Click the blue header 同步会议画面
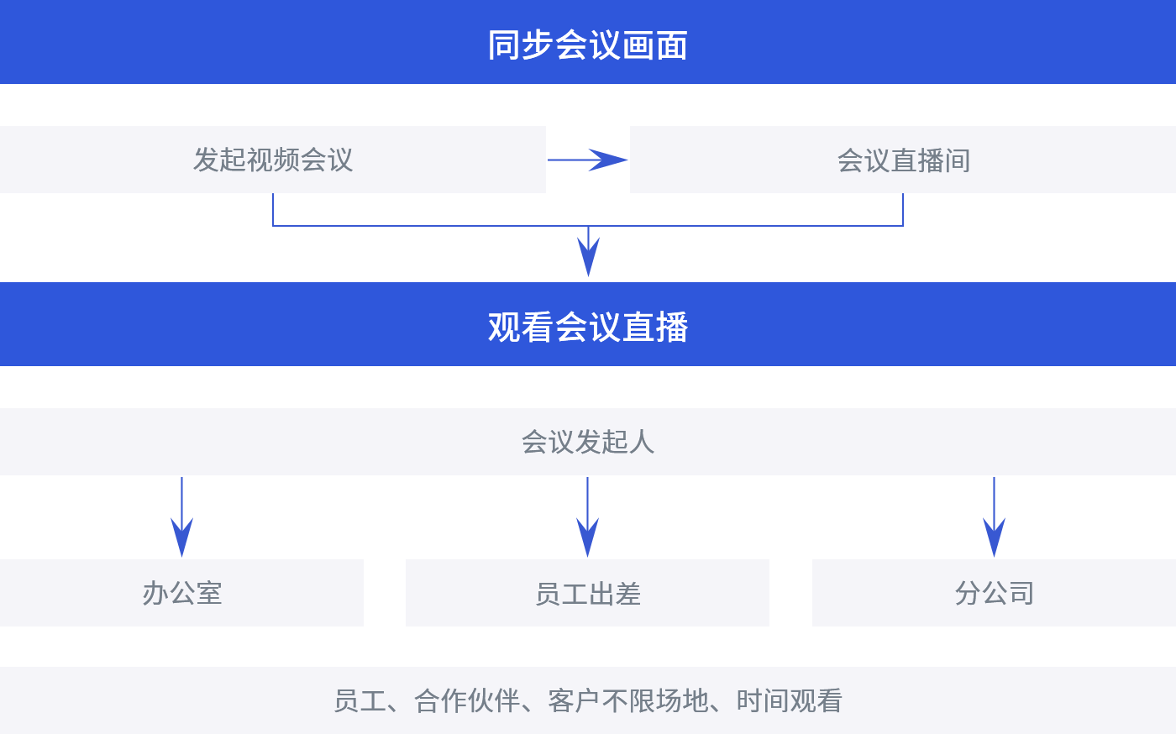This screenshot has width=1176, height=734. (587, 44)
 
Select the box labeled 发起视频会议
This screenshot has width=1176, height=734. (273, 160)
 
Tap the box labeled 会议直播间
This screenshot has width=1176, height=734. (903, 160)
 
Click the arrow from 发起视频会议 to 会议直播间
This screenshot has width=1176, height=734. (588, 160)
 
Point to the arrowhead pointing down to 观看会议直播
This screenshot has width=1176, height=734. (588, 256)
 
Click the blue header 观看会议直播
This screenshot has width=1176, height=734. (587, 327)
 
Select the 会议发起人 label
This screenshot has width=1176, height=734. (587, 442)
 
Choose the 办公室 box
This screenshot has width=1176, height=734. (181, 593)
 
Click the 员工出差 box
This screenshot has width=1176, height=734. (587, 593)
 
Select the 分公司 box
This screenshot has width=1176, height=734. (994, 593)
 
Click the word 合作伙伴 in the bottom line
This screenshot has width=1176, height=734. (467, 700)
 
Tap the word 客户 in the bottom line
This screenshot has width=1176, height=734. (574, 700)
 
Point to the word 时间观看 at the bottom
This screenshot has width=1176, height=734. (790, 700)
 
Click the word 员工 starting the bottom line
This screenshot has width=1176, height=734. (360, 700)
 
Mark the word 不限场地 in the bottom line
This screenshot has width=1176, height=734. (655, 700)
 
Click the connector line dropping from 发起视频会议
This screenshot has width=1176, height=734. (273, 210)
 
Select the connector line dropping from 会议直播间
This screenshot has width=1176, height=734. (903, 210)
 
